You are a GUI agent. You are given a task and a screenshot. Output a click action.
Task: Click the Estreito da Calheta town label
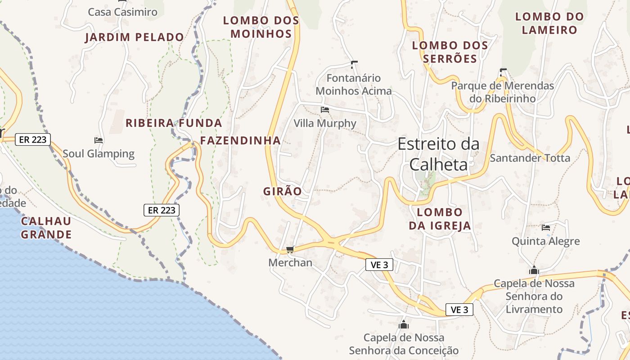[x=439, y=154]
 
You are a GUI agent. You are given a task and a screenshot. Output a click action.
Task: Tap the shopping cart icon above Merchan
[x=290, y=249]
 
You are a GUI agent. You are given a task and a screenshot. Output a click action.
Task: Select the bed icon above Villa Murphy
[x=324, y=109]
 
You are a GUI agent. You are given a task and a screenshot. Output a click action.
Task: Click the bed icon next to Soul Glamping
[x=99, y=140]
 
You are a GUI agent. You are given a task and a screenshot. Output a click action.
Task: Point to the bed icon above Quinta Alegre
[x=546, y=228]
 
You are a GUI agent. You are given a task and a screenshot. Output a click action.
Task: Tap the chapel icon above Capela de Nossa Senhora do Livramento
[x=534, y=270]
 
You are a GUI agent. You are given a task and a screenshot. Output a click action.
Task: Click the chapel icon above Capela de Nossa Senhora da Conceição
[x=404, y=324]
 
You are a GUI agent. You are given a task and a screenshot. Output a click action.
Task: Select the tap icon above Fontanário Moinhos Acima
[x=354, y=64]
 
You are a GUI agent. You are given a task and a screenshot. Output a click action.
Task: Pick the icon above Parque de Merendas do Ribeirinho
[x=503, y=72]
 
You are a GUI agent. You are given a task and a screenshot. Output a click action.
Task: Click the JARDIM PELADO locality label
[x=135, y=37]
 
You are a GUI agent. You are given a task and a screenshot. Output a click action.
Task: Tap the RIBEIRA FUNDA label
[x=174, y=123]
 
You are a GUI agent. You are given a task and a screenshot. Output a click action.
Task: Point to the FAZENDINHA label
[x=240, y=140]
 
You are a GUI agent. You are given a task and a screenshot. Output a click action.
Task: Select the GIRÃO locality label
[x=283, y=191]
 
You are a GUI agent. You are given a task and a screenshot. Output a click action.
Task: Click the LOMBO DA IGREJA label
[x=440, y=219]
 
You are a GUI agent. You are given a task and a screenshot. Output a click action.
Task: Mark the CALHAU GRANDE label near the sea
[x=46, y=228]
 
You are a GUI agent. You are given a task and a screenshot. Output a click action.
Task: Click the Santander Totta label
[x=530, y=158]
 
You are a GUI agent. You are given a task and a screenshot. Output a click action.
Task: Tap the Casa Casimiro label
[x=122, y=12]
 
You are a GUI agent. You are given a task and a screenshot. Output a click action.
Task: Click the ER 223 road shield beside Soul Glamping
[x=33, y=139]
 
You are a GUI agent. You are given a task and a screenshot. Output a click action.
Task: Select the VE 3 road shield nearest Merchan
[x=379, y=265]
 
